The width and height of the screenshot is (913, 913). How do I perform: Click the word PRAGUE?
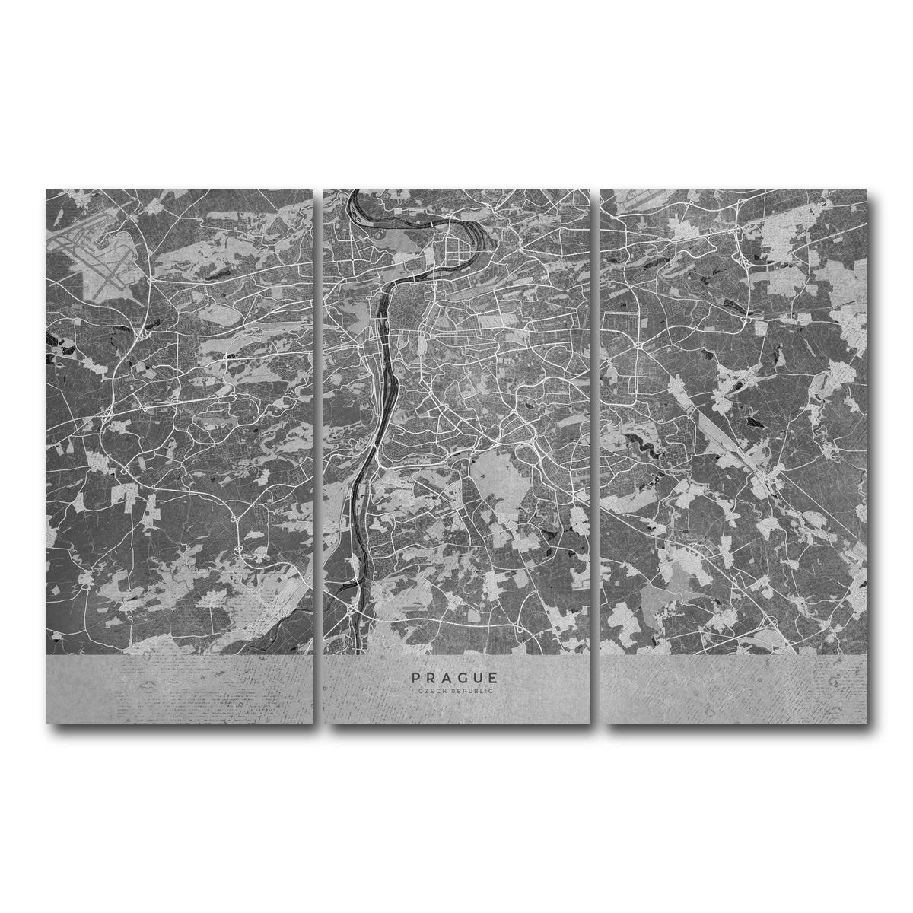pos(455,677)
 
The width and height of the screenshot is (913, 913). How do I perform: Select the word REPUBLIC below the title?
pos(472,690)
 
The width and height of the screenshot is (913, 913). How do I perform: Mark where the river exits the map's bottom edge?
pos(355,653)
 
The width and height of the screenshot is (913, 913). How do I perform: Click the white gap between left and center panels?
pos(318,456)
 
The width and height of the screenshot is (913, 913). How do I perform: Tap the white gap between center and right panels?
pos(596,456)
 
